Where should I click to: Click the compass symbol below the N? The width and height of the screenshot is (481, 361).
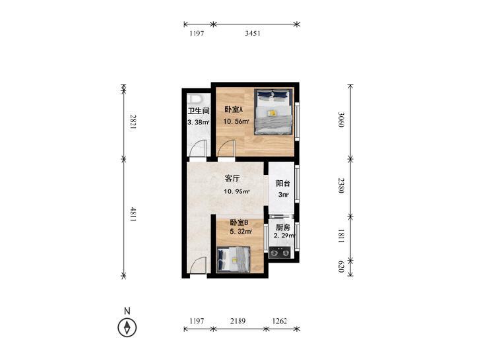coord(127,327)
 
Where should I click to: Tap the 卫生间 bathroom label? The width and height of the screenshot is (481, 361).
coord(199,111)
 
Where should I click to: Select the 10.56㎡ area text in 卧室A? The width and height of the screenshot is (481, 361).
coord(236,121)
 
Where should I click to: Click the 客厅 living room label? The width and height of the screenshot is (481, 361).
coord(232,178)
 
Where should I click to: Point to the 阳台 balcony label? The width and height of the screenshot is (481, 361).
coord(283,183)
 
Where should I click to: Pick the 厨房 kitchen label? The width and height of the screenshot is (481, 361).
coord(282,227)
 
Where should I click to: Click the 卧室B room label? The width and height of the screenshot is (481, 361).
coord(239,222)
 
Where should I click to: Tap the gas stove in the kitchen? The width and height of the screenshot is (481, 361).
coord(280,253)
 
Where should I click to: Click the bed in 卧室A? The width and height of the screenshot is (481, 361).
coord(273,112)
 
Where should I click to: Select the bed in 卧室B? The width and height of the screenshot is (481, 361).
coord(234,259)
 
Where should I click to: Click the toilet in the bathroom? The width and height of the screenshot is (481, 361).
coord(195,99)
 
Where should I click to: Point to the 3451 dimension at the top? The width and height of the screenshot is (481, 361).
coord(253,33)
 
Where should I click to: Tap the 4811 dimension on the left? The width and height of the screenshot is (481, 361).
coord(133,214)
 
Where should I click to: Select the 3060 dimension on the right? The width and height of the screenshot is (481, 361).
coord(341,119)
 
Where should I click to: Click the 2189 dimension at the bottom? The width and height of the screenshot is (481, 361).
coord(238,321)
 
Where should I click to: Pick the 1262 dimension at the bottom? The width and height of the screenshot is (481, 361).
coord(280,321)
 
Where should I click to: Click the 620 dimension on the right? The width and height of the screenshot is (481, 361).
coord(341,267)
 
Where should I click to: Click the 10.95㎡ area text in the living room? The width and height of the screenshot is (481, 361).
coord(236,191)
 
